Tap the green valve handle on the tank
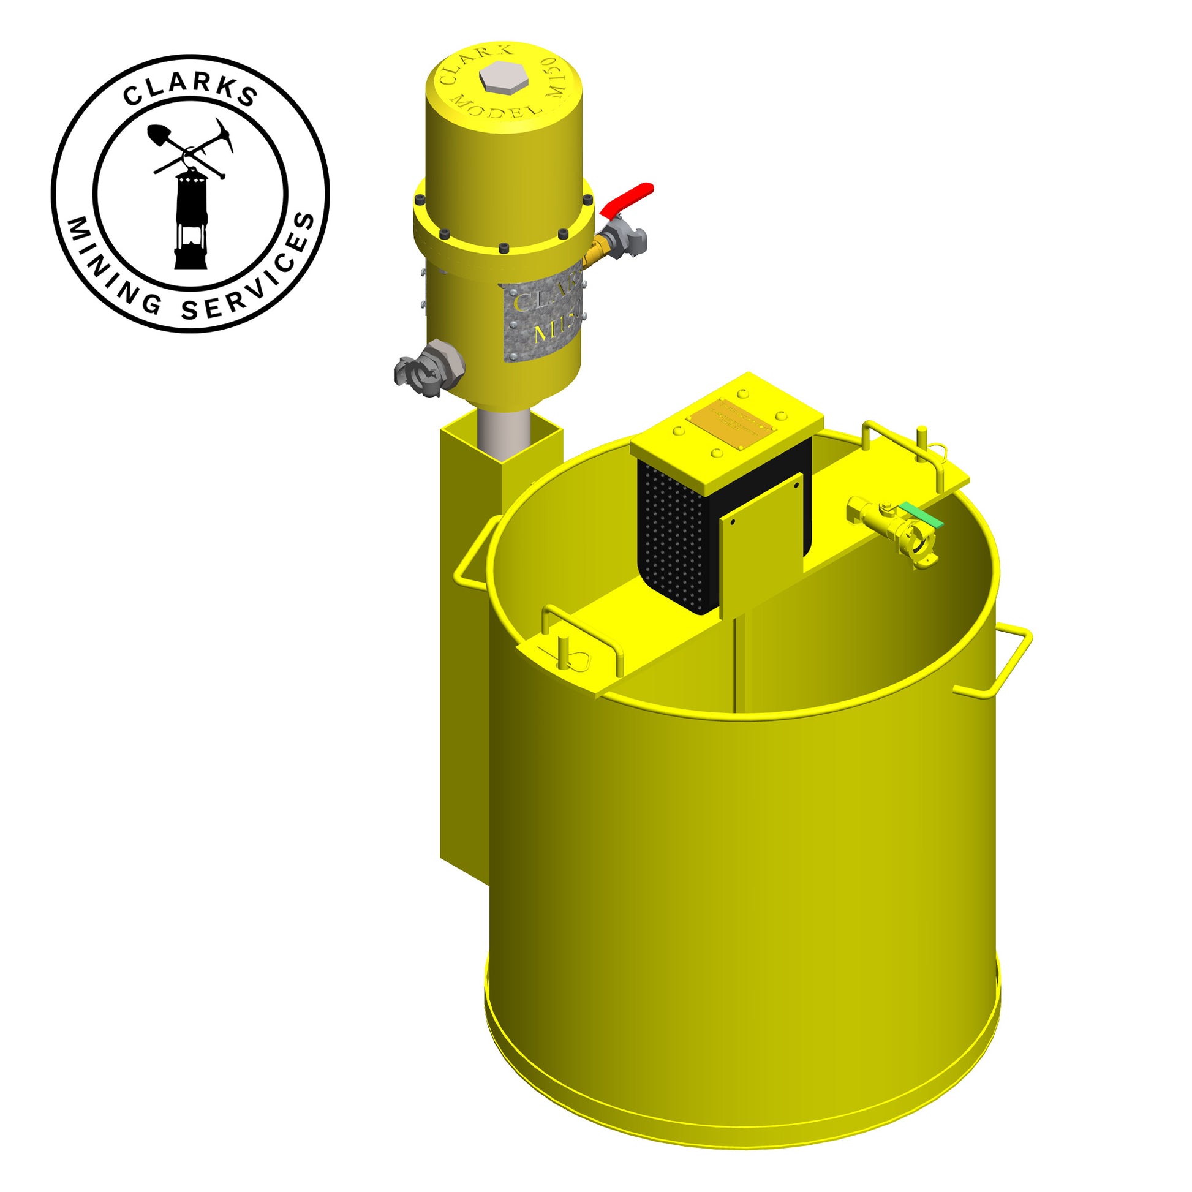point(921,515)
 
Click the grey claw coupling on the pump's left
point(420,371)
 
